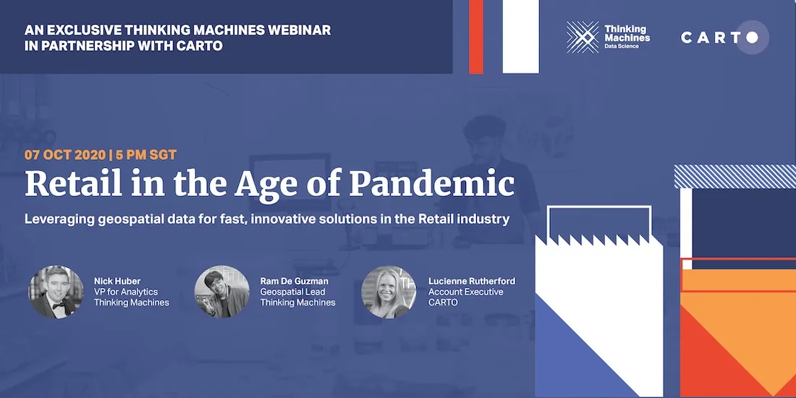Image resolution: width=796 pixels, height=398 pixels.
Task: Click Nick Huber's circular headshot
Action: coord(56,292)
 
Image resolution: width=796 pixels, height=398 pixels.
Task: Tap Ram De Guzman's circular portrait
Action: coord(222,292)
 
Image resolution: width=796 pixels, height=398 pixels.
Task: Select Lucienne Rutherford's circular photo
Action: coord(389,292)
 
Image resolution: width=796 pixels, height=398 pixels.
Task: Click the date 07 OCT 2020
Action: coord(64,155)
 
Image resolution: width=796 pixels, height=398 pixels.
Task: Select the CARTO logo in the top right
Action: coord(723,37)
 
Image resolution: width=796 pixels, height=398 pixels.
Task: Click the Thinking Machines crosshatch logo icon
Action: coord(583,37)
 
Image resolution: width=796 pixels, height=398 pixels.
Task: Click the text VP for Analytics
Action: coord(126,292)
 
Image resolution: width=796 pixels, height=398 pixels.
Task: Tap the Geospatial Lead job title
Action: coord(293,292)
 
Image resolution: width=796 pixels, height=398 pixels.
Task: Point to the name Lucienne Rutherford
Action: coord(472,281)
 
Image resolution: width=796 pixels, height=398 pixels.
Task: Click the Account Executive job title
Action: coord(466,292)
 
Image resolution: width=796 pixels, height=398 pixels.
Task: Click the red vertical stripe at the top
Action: coord(476,36)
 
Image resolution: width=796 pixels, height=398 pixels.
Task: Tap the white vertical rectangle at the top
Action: coord(520,36)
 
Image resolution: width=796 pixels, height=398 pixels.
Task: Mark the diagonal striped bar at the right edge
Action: coord(735,176)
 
